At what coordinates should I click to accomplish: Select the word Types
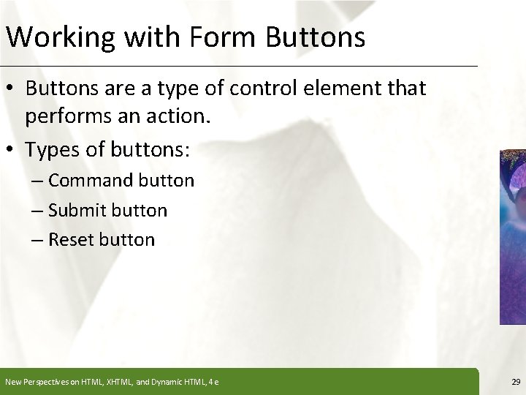tap(52, 149)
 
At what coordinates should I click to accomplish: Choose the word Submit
tap(80, 211)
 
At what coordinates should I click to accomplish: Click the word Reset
tap(75, 239)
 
